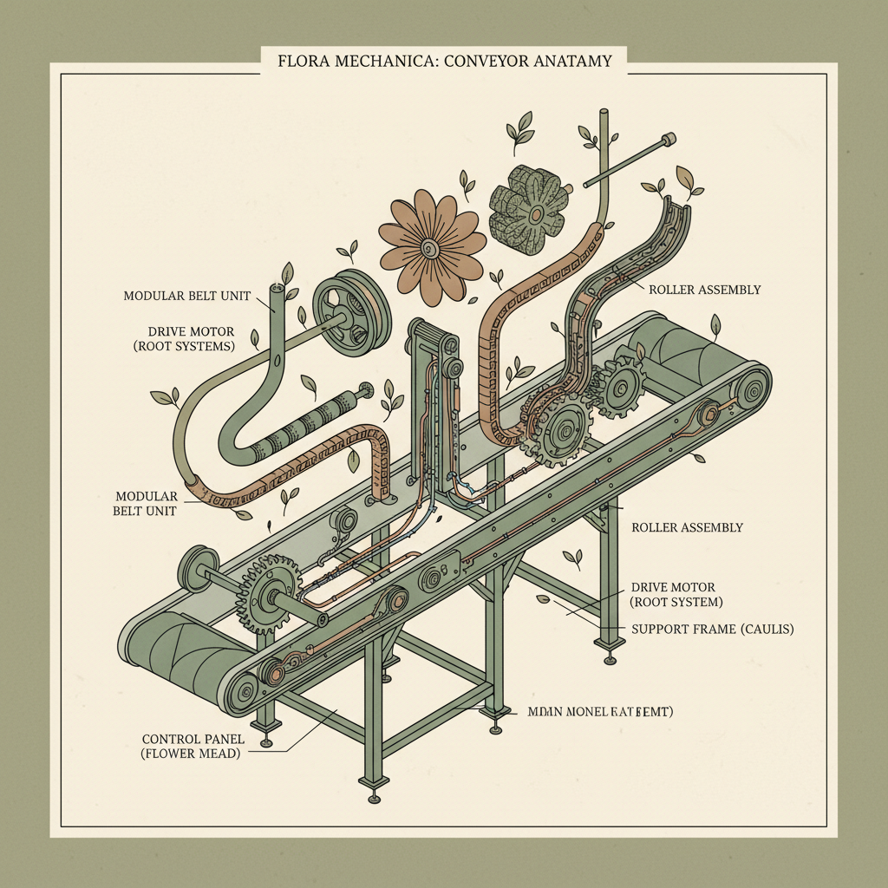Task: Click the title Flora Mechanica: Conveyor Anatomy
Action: point(443,62)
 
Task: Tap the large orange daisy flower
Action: point(431,235)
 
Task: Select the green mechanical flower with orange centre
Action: point(528,212)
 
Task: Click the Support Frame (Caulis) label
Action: point(713,628)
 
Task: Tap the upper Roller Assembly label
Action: point(705,290)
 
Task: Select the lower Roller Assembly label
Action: point(687,527)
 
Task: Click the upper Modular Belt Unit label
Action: point(186,296)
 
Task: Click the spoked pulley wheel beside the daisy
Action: point(347,316)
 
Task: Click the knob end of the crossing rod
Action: point(669,138)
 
